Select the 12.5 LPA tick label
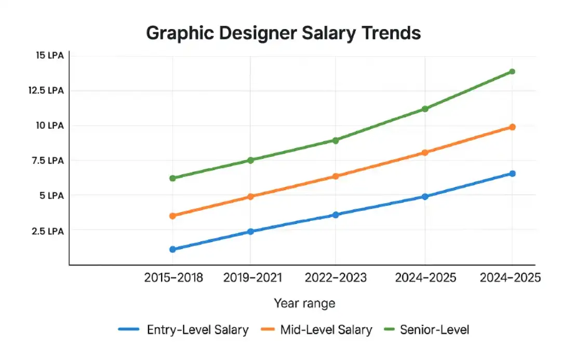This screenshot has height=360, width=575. tap(47, 90)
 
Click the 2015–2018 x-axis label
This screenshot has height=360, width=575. tap(173, 278)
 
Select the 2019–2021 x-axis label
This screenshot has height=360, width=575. tap(252, 278)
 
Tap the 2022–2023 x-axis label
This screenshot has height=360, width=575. tap(336, 278)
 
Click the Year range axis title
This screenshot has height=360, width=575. tap(304, 303)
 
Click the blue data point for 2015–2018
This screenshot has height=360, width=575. tap(172, 249)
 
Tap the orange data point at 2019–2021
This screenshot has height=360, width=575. tap(251, 196)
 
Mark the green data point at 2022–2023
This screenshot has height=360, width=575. tap(336, 140)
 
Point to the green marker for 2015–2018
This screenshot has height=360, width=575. tap(172, 178)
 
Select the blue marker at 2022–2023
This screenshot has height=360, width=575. tap(336, 215)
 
